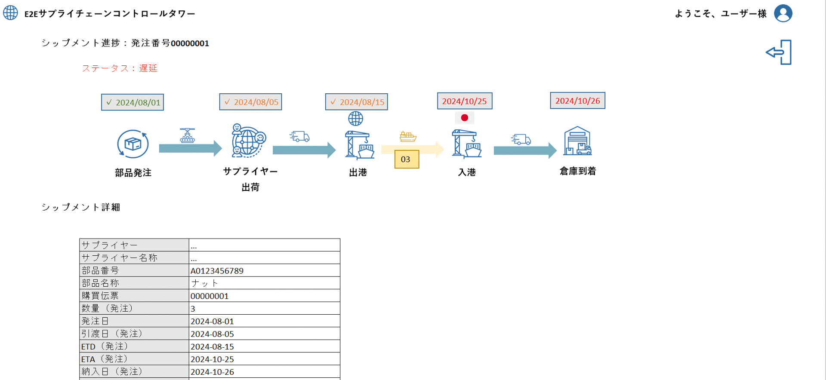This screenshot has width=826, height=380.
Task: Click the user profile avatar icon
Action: pos(783,13)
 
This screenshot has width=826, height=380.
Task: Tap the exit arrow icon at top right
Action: pos(779,52)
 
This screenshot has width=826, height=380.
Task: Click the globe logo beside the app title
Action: pos(11,13)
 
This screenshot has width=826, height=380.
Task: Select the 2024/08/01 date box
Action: pos(133,102)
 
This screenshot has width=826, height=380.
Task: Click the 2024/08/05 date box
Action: pos(250,102)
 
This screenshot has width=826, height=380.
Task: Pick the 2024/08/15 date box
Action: pos(356,102)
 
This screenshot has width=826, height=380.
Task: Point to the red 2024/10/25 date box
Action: pos(465,101)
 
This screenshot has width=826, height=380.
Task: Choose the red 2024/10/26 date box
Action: pos(577,101)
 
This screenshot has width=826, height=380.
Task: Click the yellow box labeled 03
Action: pos(407,159)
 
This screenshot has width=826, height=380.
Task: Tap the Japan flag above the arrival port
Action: pos(465,117)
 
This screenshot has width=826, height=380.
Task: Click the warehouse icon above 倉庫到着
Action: pos(577,141)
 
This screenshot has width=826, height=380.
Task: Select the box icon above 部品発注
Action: pos(133,144)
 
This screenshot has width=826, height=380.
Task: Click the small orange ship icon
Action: pos(408,137)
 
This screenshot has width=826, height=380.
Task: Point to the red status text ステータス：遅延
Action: pos(120,68)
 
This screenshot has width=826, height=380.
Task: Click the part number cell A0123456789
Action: pos(217,271)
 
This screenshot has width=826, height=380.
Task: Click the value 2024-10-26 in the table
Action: pos(212,372)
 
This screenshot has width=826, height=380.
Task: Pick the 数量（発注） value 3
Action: pos(193,309)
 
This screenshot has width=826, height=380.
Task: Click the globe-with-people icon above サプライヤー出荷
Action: pos(249,141)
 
